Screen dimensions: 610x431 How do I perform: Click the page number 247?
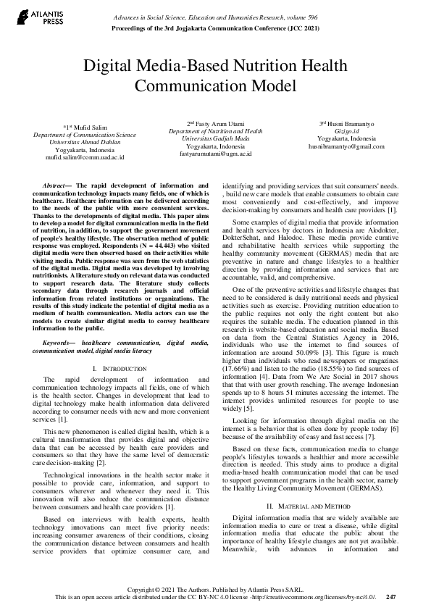click(x=391, y=596)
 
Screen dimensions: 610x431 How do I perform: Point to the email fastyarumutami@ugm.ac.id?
click(x=216, y=154)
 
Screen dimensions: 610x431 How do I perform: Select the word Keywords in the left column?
click(x=59, y=340)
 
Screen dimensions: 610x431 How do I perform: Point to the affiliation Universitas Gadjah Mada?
click(x=216, y=138)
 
